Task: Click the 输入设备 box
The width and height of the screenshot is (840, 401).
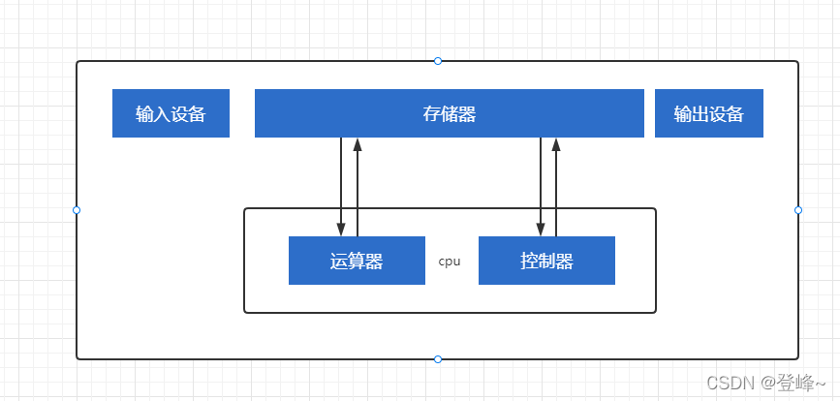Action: point(171,113)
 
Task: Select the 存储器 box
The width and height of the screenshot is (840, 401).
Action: point(449,113)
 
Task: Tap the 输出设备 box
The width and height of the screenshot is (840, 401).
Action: point(708,113)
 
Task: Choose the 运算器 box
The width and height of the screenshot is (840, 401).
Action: point(357,261)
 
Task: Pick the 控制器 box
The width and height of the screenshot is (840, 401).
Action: point(546,261)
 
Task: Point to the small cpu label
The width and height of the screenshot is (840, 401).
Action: point(450,261)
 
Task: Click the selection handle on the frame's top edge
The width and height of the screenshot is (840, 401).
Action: point(438,61)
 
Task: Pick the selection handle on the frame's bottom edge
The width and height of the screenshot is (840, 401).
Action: point(438,359)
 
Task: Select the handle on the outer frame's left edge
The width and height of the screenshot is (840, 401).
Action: point(77,210)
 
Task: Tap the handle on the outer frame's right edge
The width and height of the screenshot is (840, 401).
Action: point(798,210)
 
